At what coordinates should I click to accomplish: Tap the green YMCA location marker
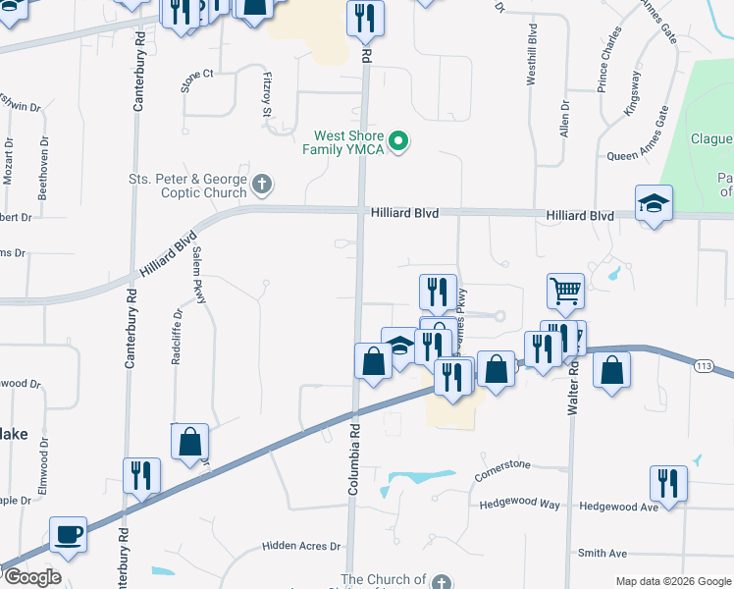(x=397, y=143)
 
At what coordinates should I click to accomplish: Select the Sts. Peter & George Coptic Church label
(x=187, y=186)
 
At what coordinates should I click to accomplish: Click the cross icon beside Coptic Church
(x=261, y=184)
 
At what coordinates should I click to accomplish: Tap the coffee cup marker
(x=68, y=535)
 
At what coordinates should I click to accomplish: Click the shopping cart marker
(x=565, y=291)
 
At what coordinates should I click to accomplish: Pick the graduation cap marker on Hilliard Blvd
(x=654, y=203)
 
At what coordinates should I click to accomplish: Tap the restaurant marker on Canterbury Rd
(x=141, y=476)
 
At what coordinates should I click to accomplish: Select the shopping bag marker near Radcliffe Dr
(x=190, y=443)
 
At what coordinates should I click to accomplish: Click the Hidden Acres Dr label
(x=300, y=546)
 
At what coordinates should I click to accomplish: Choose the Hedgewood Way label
(x=520, y=505)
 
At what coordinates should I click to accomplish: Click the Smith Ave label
(x=603, y=553)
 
